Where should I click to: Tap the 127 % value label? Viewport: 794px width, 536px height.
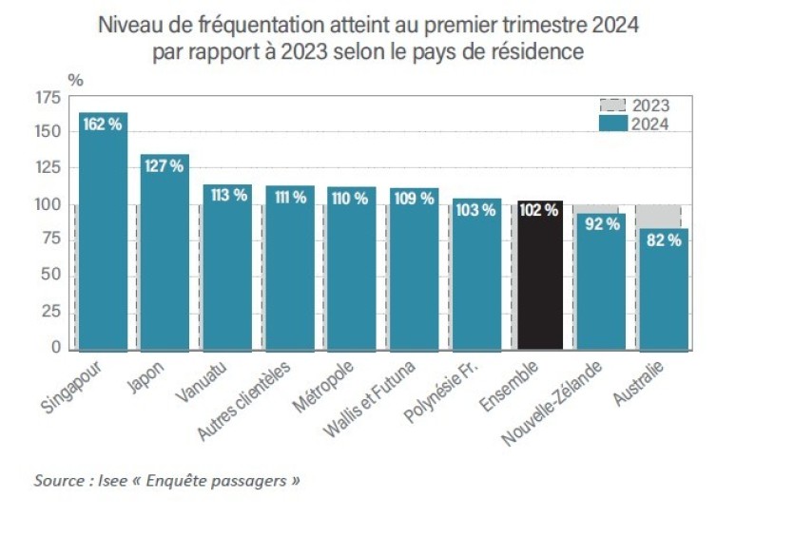click(164, 166)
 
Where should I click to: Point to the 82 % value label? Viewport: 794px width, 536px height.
click(664, 240)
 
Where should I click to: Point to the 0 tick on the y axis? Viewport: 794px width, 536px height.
click(56, 348)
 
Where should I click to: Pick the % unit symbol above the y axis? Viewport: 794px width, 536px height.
click(75, 80)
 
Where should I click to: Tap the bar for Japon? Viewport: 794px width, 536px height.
click(165, 257)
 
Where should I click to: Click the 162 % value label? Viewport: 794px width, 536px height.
click(102, 124)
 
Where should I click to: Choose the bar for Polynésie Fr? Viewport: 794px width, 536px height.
click(476, 280)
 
